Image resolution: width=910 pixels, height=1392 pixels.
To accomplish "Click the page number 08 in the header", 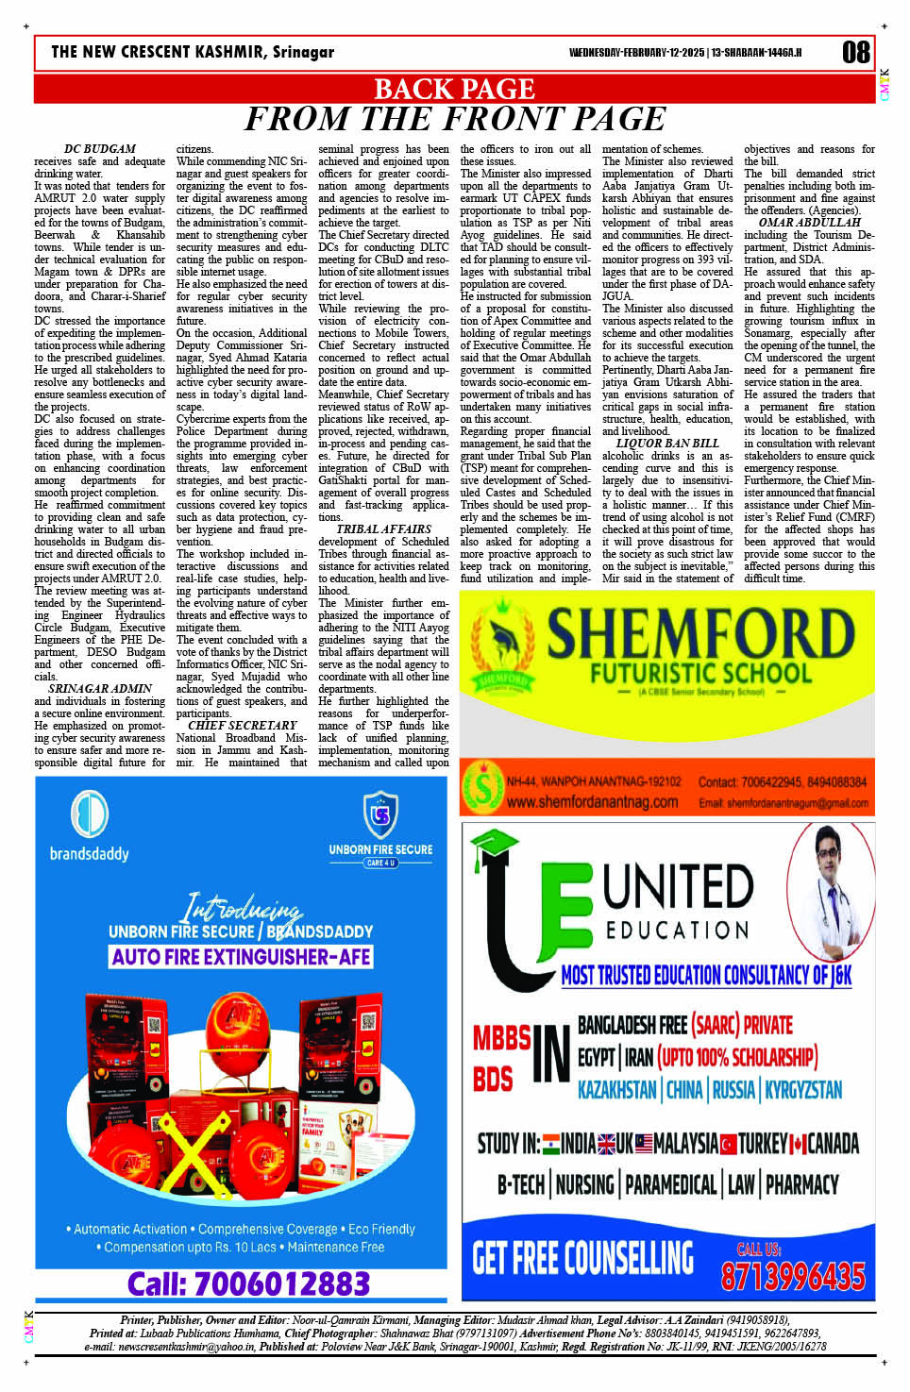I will (855, 53).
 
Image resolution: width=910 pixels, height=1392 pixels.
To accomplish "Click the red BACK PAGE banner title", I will (454, 89).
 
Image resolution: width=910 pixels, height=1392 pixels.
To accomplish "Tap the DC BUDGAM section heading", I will (99, 149).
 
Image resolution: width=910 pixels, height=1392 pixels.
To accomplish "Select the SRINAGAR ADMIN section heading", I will (99, 689).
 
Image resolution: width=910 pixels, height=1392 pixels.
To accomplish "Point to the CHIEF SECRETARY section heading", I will (242, 726).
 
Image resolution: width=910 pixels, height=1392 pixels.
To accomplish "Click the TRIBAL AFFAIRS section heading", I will (383, 529).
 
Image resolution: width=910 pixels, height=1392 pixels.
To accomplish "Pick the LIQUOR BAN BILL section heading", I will (666, 444).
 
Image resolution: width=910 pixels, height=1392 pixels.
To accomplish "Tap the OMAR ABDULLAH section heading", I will (809, 223).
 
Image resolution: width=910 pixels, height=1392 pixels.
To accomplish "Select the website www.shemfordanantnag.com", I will (591, 802).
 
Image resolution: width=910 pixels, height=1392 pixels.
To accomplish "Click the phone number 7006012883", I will (248, 1283).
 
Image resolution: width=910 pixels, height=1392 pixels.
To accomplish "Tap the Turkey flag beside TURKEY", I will (728, 1145).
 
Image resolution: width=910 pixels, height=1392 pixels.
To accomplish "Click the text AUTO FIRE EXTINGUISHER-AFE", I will (241, 957).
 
